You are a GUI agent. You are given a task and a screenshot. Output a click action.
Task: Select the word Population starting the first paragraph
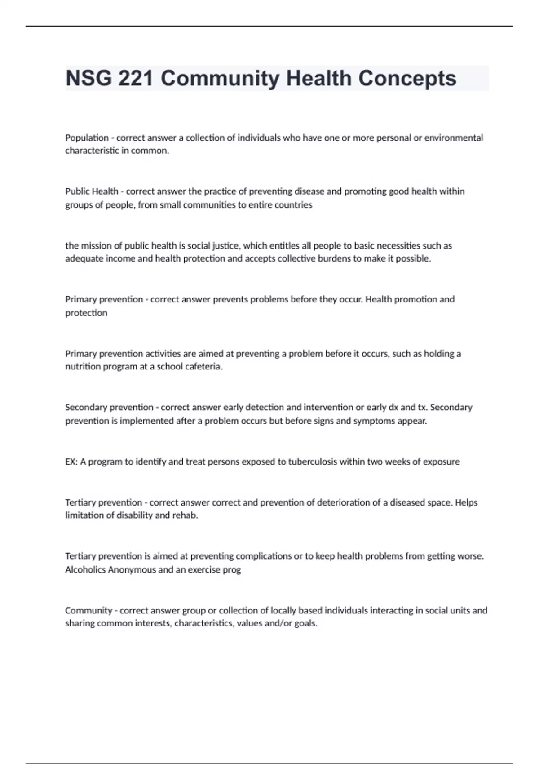87,138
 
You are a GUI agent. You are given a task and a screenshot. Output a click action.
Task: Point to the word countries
295,205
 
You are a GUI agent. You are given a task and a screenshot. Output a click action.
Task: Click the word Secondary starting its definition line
87,407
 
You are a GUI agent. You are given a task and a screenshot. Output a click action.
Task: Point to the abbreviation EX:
71,462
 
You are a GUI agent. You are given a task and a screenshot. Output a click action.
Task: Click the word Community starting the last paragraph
88,610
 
